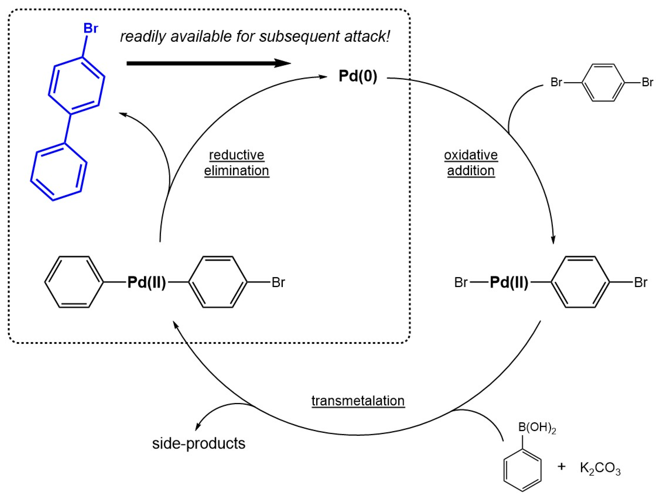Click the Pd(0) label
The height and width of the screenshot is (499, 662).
pos(358,76)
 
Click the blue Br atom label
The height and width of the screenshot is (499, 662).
pos(91,28)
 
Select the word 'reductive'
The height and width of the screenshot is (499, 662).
pos(237,155)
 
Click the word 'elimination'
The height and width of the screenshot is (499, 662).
pos(237,171)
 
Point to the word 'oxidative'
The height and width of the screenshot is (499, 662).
pos(471,155)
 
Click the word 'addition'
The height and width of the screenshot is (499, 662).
pos(471,171)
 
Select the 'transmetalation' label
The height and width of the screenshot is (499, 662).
pos(358,401)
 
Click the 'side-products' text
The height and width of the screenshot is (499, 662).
pos(199,443)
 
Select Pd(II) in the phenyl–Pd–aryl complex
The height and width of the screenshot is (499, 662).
pos(147,282)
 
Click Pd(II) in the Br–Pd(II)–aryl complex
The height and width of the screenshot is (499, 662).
pos(509,282)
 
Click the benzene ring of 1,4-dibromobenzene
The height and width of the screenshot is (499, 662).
pos(603,83)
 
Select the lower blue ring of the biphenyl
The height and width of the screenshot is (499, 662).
pos(59,172)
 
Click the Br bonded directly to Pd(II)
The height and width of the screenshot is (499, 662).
pos(461,282)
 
